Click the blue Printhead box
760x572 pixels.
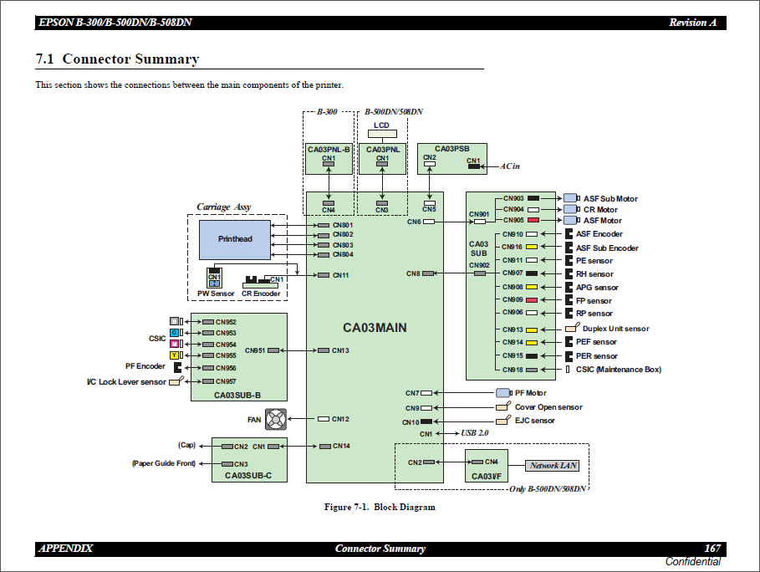tap(235, 239)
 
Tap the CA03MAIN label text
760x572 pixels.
tap(375, 328)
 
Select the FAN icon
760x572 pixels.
tap(277, 419)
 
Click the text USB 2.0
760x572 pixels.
tap(474, 434)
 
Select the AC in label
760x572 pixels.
tap(510, 166)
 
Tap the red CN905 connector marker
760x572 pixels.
tap(533, 221)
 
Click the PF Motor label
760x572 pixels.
tap(530, 393)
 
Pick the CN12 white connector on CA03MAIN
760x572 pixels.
tap(324, 419)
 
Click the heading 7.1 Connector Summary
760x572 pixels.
tap(118, 59)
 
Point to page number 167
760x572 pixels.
tap(712, 549)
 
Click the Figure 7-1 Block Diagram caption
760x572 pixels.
tap(380, 507)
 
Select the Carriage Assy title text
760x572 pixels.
tap(223, 207)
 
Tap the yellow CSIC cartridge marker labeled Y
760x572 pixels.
tap(174, 355)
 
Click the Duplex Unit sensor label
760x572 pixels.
tap(615, 329)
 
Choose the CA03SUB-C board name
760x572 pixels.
tap(248, 476)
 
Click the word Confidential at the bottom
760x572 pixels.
tap(692, 561)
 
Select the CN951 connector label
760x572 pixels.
tap(255, 350)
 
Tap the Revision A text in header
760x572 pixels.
tap(692, 23)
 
